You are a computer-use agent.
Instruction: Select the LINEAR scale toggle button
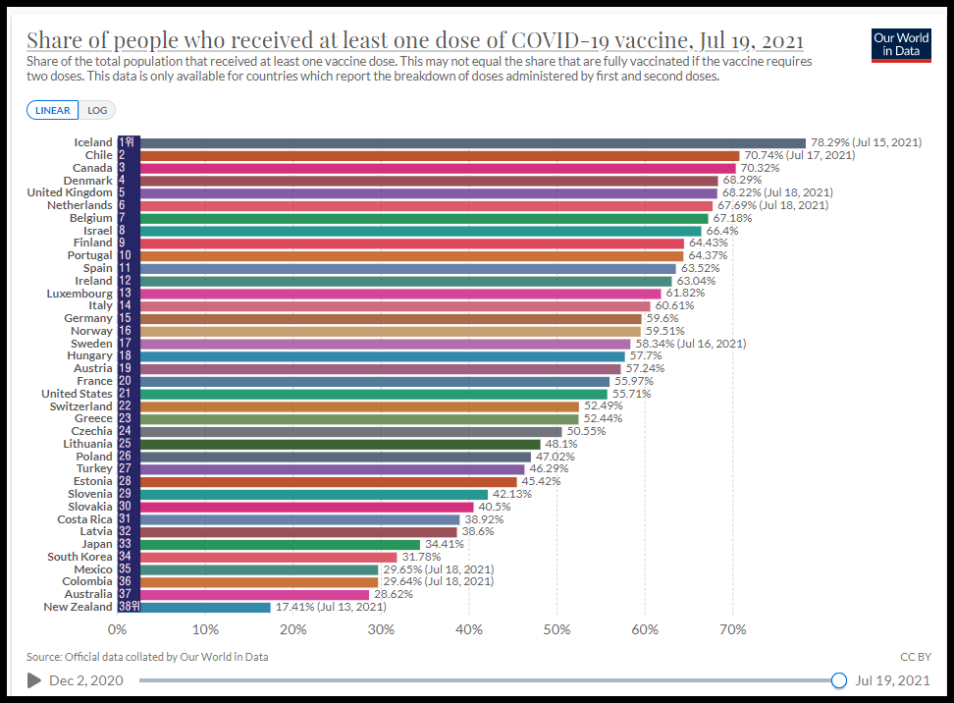click(52, 111)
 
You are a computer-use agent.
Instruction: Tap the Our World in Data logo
click(900, 44)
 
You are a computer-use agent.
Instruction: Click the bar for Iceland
click(461, 142)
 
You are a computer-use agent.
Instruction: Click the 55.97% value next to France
click(632, 381)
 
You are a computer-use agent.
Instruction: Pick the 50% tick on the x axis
click(556, 629)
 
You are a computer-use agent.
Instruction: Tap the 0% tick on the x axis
click(117, 629)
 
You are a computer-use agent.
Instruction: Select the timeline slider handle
click(838, 680)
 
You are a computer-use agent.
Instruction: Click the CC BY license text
click(915, 657)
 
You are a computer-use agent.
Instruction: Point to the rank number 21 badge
click(125, 394)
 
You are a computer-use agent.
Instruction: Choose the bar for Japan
click(269, 544)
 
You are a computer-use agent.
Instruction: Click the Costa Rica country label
click(84, 519)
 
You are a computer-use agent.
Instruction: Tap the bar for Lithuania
click(329, 444)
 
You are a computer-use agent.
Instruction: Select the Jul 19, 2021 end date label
click(893, 680)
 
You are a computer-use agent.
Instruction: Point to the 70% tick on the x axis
click(732, 629)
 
